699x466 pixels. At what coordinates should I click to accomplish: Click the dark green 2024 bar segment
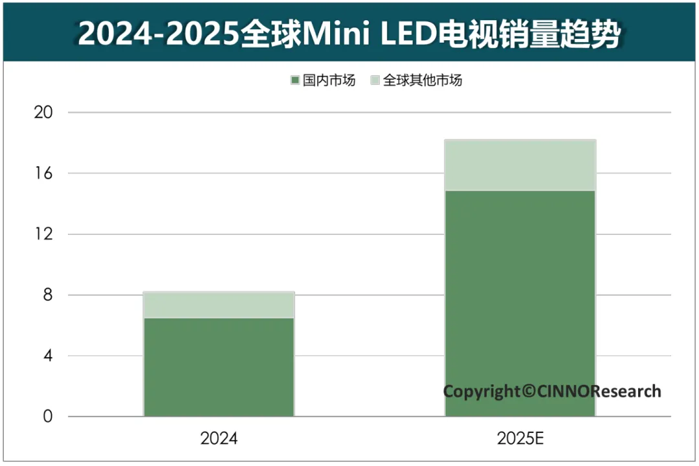(x=219, y=366)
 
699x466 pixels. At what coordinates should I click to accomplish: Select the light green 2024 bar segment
(x=219, y=305)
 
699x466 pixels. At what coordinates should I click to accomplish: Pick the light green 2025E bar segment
(x=520, y=165)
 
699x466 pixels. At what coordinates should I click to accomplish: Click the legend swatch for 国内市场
(x=295, y=81)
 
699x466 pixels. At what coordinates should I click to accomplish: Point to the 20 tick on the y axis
(x=42, y=113)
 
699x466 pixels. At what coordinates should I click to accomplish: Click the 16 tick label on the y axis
(x=42, y=173)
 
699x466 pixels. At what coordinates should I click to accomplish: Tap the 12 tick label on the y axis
(x=42, y=234)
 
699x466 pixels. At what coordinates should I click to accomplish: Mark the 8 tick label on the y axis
(x=46, y=295)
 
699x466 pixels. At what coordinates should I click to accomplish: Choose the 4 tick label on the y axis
(x=46, y=356)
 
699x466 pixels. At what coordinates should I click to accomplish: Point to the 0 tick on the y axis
(x=46, y=417)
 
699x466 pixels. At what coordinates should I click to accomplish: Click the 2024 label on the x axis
(x=219, y=439)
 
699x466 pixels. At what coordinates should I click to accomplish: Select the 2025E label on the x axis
(x=520, y=439)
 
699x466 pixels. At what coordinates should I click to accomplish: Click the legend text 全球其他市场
(x=423, y=81)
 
